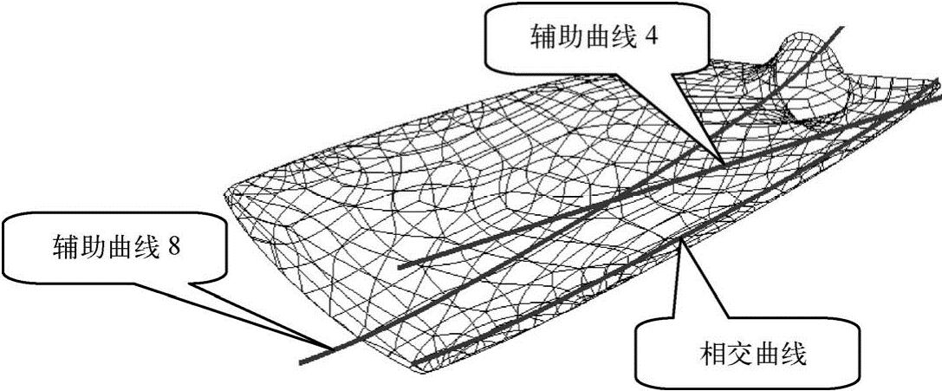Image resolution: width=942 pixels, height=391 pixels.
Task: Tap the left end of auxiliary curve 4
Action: pos(400,268)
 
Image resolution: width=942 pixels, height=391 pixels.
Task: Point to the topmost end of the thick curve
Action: pos(840,29)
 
